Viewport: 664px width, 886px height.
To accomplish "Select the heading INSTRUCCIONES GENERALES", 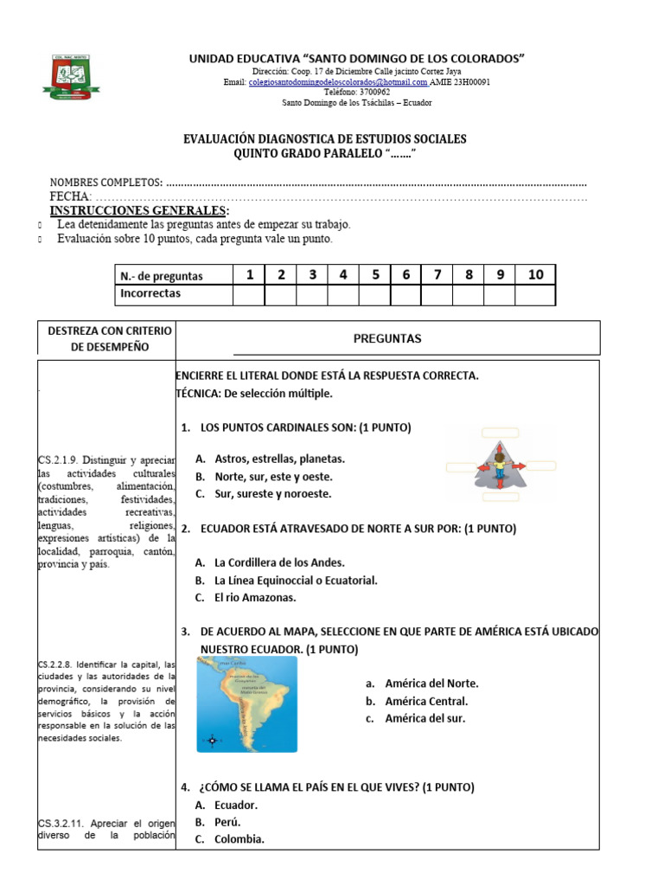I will [x=139, y=211].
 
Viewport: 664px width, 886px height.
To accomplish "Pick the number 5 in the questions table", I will [x=375, y=275].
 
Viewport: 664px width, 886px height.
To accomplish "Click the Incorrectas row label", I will [x=150, y=294].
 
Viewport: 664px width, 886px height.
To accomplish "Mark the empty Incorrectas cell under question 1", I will [x=249, y=295].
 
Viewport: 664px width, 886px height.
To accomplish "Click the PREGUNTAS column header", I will [x=386, y=338].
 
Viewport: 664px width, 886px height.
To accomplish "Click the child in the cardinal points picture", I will [x=499, y=465].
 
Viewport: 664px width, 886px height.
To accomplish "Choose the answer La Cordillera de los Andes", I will [x=279, y=562].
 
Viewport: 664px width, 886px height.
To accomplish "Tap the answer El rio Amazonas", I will [x=255, y=597].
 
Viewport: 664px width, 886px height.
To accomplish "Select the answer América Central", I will [x=425, y=701].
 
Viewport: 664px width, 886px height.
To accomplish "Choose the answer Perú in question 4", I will [x=227, y=822].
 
